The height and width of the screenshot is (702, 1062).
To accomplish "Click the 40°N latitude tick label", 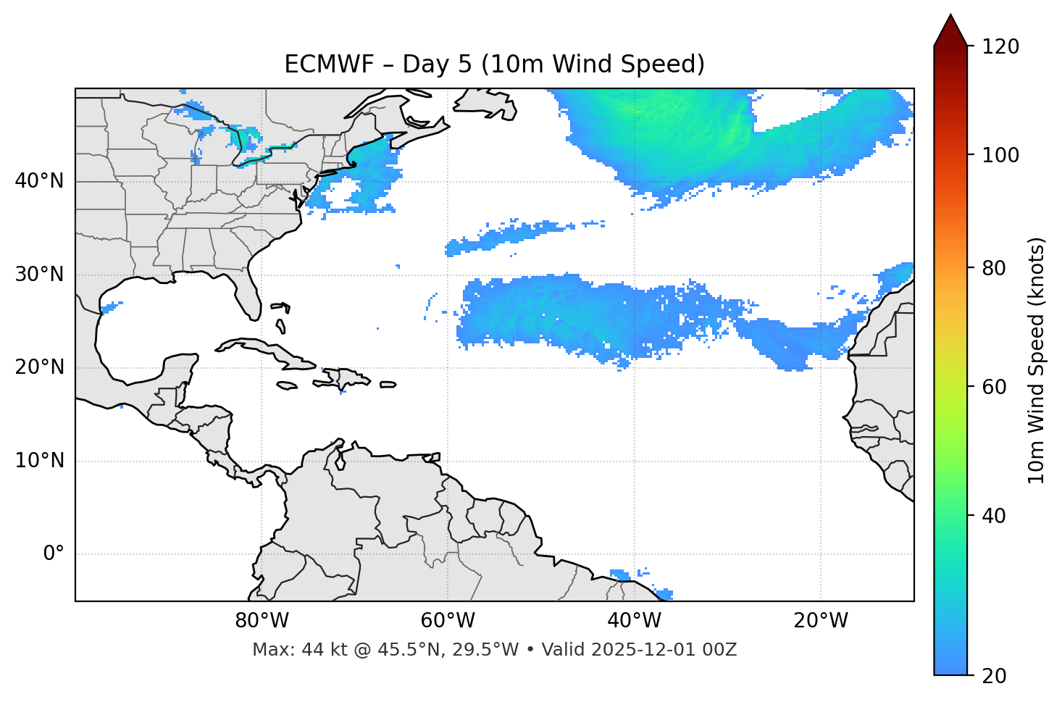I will click(x=39, y=181).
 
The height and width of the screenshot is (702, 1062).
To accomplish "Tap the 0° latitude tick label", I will click(x=53, y=554).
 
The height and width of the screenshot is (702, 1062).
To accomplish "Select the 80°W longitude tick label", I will click(x=262, y=621).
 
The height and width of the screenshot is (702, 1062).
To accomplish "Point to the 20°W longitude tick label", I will click(x=820, y=621).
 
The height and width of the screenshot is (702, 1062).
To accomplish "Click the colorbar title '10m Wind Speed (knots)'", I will click(x=1037, y=360).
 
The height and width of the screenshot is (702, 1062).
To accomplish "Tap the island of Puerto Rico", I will click(x=388, y=385).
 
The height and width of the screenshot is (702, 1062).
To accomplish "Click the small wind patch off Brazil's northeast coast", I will click(x=622, y=574).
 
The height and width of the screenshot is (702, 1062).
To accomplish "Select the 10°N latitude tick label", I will click(x=39, y=461).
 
